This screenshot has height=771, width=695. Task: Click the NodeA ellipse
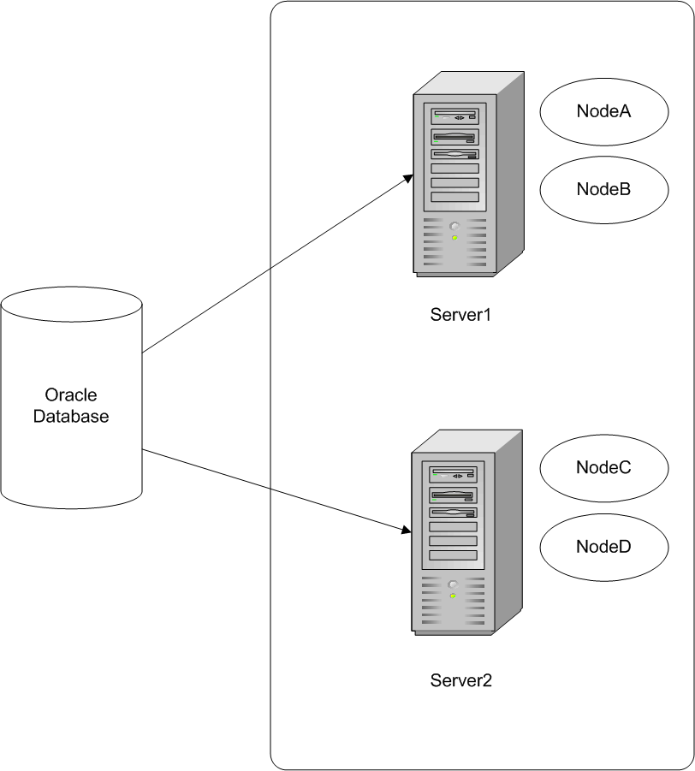click(x=604, y=111)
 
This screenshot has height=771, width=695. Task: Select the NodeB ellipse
click(x=604, y=189)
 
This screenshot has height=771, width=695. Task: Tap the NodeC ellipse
click(x=604, y=467)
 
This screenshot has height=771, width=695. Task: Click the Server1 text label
click(x=461, y=314)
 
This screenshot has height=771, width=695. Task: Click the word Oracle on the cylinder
click(x=71, y=395)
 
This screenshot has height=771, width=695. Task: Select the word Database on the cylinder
click(x=71, y=417)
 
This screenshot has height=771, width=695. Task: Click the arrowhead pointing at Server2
click(x=407, y=531)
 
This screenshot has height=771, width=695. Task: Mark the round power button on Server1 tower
click(x=454, y=227)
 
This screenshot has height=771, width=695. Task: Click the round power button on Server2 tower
click(x=453, y=584)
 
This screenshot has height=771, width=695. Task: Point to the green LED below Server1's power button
click(x=454, y=237)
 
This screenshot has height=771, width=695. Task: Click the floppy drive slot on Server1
click(x=454, y=155)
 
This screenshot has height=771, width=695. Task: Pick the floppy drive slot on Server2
click(x=453, y=513)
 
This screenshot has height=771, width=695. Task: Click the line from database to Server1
click(x=274, y=265)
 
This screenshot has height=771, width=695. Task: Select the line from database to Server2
click(x=274, y=490)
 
